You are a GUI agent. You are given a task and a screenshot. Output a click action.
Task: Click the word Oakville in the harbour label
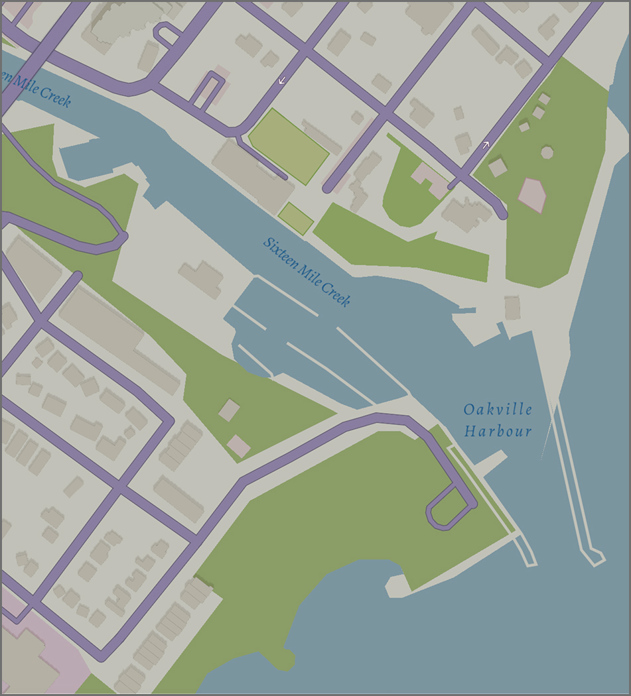tap(498, 409)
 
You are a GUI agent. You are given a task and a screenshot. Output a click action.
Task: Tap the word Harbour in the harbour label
tap(498, 432)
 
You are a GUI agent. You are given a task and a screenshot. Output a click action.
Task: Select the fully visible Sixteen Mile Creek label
tap(307, 271)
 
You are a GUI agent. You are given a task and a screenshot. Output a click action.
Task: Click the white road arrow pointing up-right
tap(486, 143)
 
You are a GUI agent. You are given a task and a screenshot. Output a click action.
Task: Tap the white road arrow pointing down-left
tap(282, 80)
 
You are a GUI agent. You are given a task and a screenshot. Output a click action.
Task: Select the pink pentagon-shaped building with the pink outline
tap(532, 195)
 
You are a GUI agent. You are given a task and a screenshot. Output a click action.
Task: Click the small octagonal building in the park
tap(547, 152)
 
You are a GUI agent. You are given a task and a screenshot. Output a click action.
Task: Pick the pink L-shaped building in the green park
tap(430, 180)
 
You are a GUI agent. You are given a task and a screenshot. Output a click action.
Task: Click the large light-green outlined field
tap(288, 146)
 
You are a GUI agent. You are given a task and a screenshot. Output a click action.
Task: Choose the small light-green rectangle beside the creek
tap(295, 219)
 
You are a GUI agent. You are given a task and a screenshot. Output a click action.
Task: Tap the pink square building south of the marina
tap(239, 446)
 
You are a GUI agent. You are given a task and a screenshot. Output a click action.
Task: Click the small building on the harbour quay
tap(512, 308)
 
